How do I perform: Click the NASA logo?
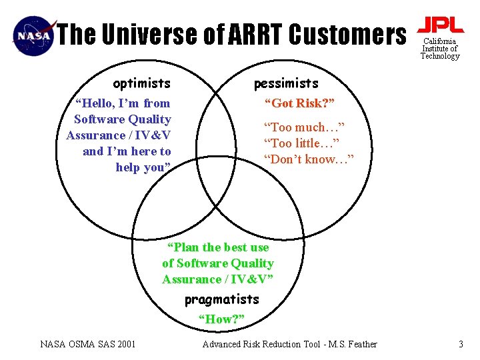click(x=33, y=35)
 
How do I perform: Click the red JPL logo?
click(x=440, y=25)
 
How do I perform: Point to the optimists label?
click(x=141, y=83)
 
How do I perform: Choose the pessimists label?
click(x=286, y=83)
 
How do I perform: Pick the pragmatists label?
click(x=221, y=299)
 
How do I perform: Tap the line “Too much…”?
click(x=304, y=127)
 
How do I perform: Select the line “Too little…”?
click(x=301, y=143)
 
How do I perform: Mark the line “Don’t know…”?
click(x=309, y=159)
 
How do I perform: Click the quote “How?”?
click(x=222, y=319)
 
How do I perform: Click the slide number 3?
click(x=460, y=344)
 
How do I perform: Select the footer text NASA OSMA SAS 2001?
click(x=88, y=344)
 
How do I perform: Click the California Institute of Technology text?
click(x=440, y=49)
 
